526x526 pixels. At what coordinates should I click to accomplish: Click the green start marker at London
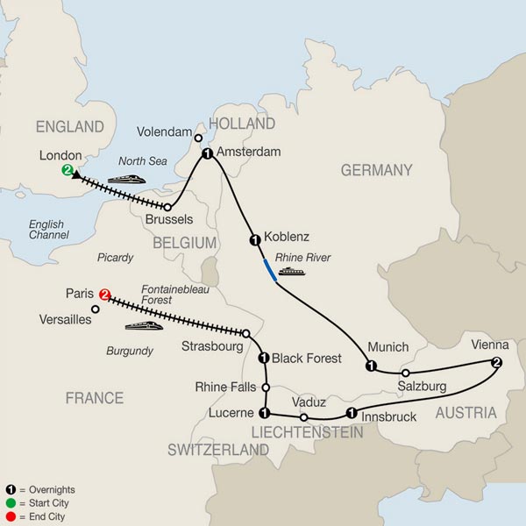[67, 171]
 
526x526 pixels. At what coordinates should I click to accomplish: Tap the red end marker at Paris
[105, 295]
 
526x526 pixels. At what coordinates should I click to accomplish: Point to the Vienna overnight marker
[497, 363]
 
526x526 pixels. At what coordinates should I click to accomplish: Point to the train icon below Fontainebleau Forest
[143, 326]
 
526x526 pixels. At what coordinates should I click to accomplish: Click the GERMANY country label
[376, 170]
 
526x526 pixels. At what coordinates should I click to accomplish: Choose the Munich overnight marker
[371, 366]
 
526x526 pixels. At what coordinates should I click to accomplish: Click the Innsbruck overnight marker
[351, 413]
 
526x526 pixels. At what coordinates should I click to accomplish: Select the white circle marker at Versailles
[96, 309]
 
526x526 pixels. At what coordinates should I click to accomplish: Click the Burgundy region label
[130, 352]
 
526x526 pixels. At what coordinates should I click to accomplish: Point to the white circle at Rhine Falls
[265, 386]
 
